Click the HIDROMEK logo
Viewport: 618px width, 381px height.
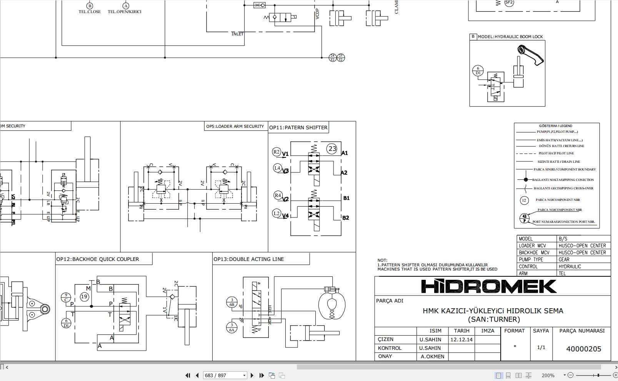(x=489, y=287)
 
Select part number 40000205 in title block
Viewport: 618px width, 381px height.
(x=583, y=349)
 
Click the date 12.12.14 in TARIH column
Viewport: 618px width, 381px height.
(x=461, y=340)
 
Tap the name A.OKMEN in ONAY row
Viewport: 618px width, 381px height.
(x=432, y=356)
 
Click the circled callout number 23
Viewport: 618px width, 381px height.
(x=332, y=149)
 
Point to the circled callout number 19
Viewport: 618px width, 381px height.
(x=84, y=296)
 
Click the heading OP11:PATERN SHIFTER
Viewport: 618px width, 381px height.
(x=298, y=127)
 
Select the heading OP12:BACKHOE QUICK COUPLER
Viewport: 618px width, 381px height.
(x=98, y=259)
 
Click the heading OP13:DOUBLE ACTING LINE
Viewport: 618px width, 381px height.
(x=248, y=259)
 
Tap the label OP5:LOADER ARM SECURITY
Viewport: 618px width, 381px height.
(x=235, y=126)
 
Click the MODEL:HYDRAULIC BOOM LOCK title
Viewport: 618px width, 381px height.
(x=510, y=37)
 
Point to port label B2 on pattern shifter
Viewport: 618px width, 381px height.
(x=345, y=218)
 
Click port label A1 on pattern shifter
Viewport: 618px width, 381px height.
(x=345, y=153)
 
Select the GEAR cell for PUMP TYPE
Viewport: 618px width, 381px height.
(x=564, y=259)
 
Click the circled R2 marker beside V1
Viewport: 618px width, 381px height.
(x=277, y=152)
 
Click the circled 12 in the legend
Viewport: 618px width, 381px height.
(x=524, y=200)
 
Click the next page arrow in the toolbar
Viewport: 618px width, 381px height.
(x=252, y=375)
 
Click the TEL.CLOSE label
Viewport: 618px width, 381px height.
(x=90, y=12)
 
